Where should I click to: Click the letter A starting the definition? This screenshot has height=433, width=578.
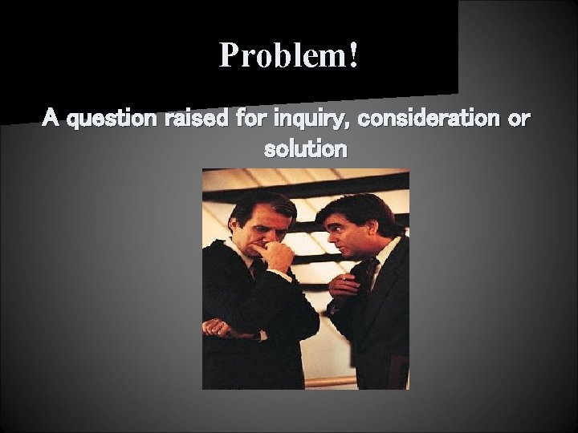pos(51,119)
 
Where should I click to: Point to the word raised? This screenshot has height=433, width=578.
pos(197,119)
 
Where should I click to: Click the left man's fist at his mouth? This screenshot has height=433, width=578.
pos(278,256)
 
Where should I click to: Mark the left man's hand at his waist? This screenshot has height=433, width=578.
pos(218,327)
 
